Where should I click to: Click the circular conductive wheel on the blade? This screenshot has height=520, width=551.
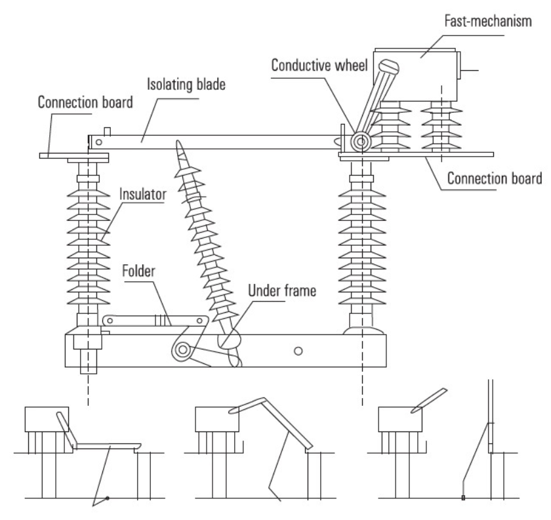click(359, 142)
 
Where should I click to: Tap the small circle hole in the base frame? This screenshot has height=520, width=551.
click(298, 351)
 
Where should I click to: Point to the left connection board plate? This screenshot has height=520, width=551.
click(72, 156)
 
